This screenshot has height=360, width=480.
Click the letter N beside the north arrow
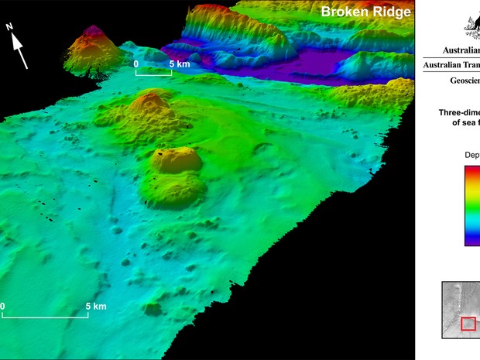point(9,27)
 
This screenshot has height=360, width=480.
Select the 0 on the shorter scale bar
point(136,63)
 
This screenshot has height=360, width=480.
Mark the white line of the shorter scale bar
point(154,74)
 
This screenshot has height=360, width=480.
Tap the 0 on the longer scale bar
point(3,307)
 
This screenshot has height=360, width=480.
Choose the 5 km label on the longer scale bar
point(95,307)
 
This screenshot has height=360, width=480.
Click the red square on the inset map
point(468,324)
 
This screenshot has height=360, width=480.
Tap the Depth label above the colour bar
point(471,155)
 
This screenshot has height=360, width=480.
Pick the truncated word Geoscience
point(464,81)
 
